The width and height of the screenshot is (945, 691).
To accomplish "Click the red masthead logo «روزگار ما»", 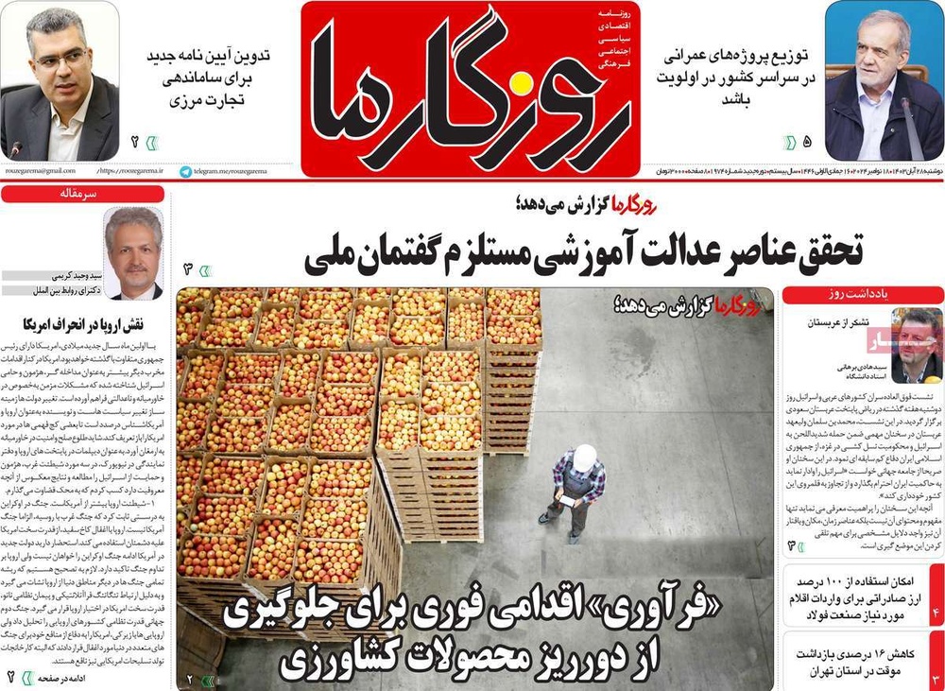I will (x=470, y=87).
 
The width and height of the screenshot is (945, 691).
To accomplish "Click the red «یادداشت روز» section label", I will (x=863, y=295).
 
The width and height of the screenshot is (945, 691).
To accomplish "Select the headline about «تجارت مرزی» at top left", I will (x=209, y=77).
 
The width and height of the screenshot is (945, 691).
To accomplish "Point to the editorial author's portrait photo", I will (x=133, y=252).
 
